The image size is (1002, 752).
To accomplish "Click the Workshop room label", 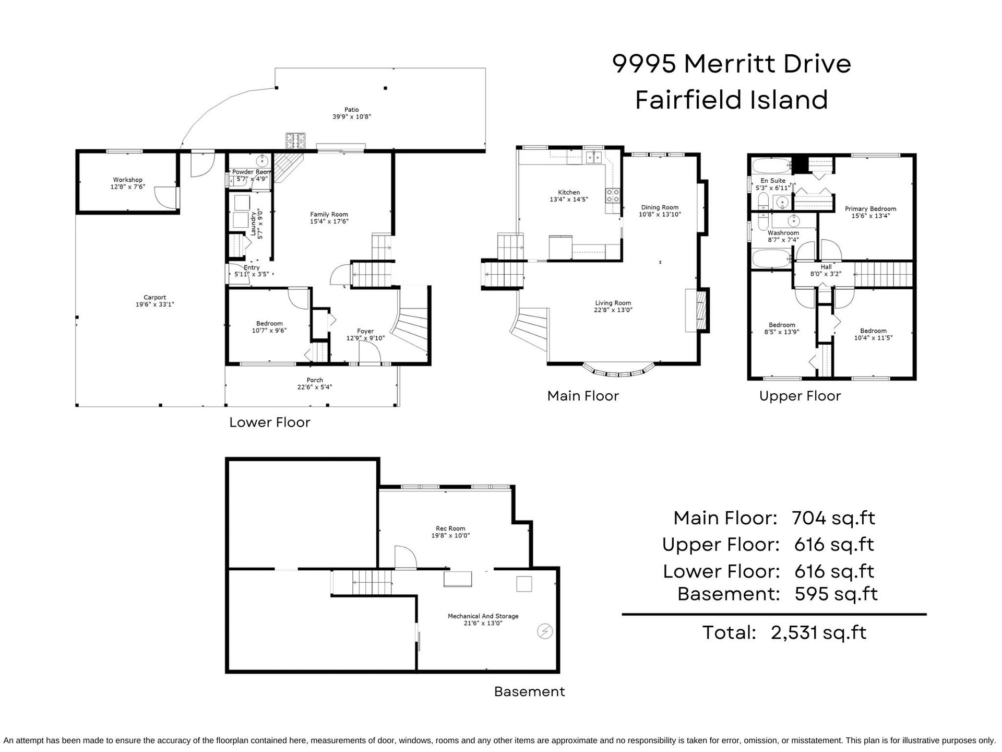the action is pos(128,180).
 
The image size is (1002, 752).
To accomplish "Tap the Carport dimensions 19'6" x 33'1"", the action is pos(155,304).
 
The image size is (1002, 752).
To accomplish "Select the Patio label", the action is pos(352,110).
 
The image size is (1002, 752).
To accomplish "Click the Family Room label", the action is pos(329,215).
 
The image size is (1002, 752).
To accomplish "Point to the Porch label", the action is pos(315,380).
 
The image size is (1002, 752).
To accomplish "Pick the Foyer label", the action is pos(365,331).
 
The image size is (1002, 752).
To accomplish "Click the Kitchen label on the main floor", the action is pos(569,193).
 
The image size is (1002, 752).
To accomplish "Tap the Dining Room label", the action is pos(660,207).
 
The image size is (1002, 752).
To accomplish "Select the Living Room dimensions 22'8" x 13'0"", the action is pos(613,310).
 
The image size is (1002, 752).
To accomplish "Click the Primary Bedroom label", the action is pos(870,209).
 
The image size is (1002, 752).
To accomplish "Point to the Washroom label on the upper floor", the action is pos(783,233).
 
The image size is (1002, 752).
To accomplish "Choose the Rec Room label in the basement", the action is pos(451,528).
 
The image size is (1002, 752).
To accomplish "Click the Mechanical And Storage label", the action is pos(483,616).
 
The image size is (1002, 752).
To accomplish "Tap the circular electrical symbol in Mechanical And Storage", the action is pos(545,631).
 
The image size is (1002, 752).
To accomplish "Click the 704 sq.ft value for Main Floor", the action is pos(833,518).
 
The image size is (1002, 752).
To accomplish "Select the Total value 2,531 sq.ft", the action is pos(819,633).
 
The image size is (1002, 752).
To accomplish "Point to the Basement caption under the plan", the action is pos(530,691).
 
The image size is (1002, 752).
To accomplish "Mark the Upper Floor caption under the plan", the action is pos(800,396).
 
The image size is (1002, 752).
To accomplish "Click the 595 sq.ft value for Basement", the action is pos(836,594).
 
